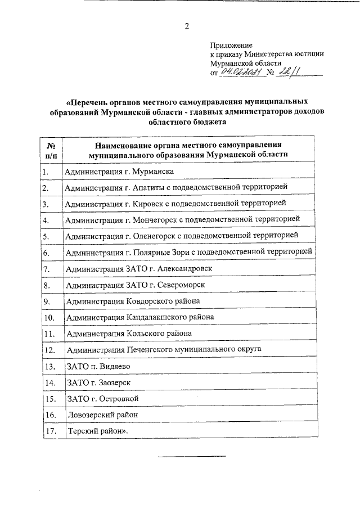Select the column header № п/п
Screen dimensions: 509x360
(x=50, y=149)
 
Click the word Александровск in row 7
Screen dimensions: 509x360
(x=186, y=269)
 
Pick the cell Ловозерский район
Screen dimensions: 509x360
(x=103, y=415)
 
